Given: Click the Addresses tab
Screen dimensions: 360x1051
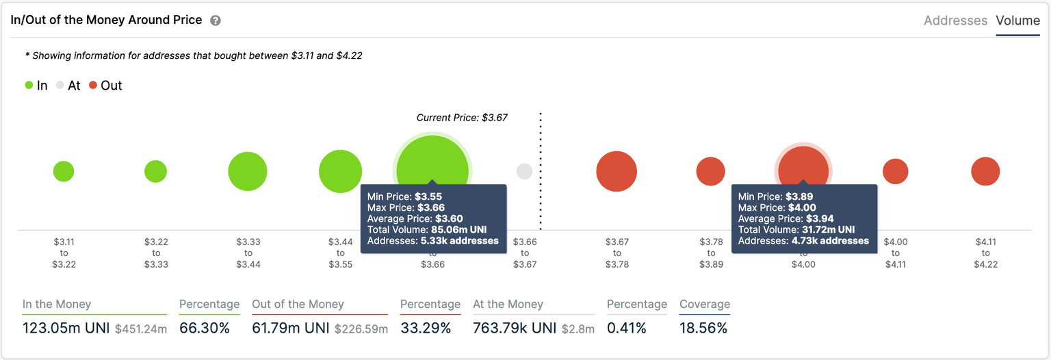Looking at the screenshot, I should click(955, 21).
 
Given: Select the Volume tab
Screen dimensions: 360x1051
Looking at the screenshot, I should click(1017, 21).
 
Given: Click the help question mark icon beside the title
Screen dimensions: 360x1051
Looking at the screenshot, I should click(216, 21).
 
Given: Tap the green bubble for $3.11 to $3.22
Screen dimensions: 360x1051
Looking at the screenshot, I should click(64, 171).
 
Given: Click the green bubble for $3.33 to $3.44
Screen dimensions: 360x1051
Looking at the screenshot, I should click(248, 171).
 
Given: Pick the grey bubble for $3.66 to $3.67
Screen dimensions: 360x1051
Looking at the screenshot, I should click(524, 171).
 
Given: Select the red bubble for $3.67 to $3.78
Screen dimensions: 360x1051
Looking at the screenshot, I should click(617, 171).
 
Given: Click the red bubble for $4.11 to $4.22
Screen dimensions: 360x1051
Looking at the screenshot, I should click(985, 171).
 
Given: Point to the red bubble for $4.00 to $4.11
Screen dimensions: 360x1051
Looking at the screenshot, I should click(895, 171).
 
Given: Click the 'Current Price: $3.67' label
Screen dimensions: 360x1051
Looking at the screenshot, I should click(462, 118).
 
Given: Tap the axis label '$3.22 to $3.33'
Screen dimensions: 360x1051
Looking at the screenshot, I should click(156, 253).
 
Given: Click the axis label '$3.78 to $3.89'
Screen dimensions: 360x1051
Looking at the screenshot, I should click(711, 253).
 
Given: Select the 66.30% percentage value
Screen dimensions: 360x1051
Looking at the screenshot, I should click(205, 329).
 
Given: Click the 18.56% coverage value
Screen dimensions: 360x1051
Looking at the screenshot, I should click(703, 329).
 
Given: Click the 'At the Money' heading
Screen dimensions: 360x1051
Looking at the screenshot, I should click(508, 305).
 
